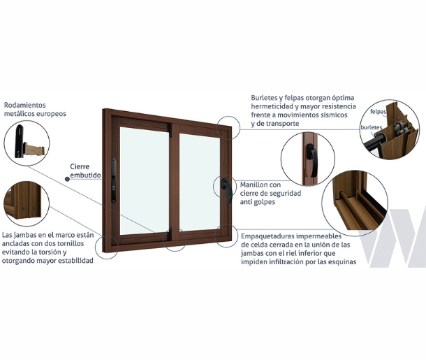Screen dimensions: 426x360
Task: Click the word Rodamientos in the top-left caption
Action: click(25, 105)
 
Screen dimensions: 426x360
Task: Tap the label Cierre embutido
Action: click(85, 171)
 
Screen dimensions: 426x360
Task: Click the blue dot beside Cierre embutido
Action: click(67, 179)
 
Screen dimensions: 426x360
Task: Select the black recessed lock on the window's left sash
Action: click(114, 180)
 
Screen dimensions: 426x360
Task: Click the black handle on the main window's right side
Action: click(227, 190)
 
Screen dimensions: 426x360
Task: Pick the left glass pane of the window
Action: click(145, 181)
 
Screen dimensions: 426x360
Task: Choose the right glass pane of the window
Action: click(200, 182)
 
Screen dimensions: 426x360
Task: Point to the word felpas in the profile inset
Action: click(378, 112)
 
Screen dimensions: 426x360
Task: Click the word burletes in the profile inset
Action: click(372, 127)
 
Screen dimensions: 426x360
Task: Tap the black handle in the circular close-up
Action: click(312, 160)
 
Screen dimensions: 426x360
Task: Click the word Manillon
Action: click(254, 185)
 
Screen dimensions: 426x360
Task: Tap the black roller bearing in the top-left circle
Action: click(19, 141)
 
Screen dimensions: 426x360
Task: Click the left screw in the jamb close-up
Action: click(23, 209)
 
